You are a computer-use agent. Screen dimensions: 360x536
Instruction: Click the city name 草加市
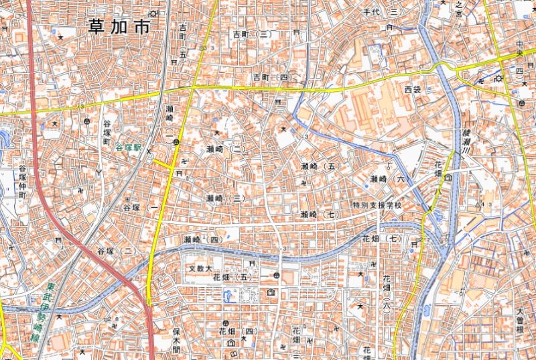tap(119, 27)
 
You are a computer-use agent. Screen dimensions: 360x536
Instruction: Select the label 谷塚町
tap(106, 133)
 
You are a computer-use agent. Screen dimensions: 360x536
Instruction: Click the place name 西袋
tap(413, 88)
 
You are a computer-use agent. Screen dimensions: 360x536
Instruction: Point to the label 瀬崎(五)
tap(318, 166)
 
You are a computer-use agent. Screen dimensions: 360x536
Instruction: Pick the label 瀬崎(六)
tap(388, 179)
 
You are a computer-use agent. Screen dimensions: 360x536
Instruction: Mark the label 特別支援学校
tap(377, 204)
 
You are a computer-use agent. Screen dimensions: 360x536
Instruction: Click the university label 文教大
tap(200, 268)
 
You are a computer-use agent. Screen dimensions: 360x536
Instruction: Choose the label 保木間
tap(177, 340)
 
